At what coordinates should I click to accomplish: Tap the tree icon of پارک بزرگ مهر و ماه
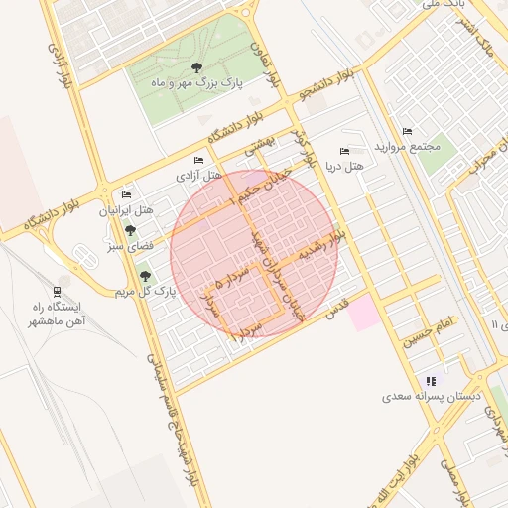point(196,68)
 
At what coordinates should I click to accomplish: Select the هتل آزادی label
point(198,175)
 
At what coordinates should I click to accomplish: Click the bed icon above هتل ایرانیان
point(125,195)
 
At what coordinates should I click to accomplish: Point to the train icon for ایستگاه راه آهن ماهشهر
point(58,291)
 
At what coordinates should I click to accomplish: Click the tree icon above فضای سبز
point(130,229)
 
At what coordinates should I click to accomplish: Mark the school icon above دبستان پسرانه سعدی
point(431,380)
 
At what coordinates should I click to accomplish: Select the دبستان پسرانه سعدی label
point(432,396)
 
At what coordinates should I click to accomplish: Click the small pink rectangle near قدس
point(362,313)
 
